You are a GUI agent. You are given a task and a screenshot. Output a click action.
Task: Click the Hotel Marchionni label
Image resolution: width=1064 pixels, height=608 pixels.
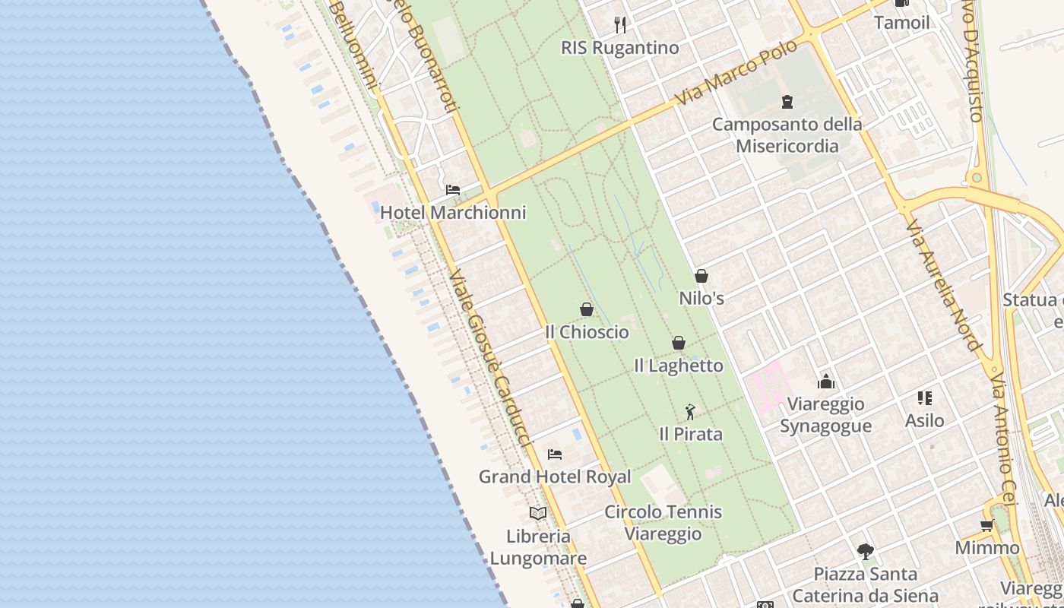click(453, 213)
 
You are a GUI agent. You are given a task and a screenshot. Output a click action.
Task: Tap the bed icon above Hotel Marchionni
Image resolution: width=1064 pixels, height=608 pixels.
click(453, 189)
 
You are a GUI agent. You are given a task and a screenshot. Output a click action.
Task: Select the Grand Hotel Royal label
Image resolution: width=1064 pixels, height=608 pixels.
click(554, 477)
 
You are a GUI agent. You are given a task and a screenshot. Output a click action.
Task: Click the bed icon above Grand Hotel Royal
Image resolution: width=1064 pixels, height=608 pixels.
click(555, 454)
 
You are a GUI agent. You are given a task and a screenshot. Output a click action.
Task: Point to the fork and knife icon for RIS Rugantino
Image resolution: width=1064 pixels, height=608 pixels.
click(620, 25)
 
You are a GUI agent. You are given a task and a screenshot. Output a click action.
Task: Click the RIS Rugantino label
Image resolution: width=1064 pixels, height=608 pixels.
click(619, 48)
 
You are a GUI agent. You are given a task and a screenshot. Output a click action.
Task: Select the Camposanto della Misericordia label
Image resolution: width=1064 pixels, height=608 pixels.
click(787, 135)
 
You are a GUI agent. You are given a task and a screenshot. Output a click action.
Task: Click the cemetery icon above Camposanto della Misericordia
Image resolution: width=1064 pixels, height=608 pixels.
click(787, 101)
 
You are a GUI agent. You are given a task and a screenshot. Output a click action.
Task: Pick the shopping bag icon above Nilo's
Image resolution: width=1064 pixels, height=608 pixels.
click(701, 276)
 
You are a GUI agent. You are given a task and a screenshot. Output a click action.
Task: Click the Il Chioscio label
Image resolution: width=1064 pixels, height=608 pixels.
click(587, 332)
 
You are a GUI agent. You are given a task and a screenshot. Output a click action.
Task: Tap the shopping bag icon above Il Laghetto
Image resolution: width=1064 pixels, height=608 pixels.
click(679, 343)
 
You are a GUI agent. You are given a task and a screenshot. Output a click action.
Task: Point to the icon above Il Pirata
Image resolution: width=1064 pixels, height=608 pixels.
click(690, 412)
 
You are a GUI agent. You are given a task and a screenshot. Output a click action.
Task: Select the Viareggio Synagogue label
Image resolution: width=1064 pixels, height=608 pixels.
click(825, 414)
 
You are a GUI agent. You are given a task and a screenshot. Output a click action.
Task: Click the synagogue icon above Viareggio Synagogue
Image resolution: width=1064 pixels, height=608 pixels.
click(825, 382)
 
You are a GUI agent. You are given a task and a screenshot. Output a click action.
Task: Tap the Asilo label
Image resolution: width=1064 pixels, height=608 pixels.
click(924, 420)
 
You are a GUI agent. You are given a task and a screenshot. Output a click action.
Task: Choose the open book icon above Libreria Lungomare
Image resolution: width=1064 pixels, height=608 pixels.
click(538, 513)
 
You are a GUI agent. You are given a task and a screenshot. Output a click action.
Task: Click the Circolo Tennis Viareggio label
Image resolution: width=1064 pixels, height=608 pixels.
click(663, 523)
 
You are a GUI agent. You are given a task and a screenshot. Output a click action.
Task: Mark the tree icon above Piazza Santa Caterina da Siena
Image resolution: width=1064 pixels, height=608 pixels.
click(865, 552)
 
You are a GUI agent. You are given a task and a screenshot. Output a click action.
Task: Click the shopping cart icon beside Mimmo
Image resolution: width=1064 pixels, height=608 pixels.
click(986, 525)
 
